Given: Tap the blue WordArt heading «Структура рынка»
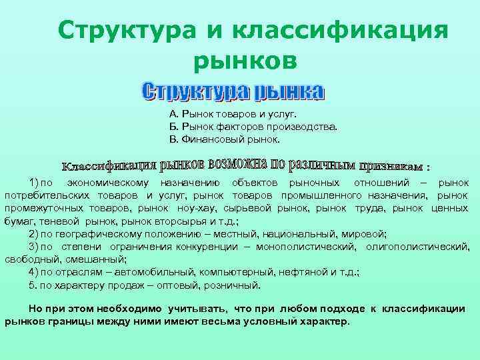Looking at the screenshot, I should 233,92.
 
